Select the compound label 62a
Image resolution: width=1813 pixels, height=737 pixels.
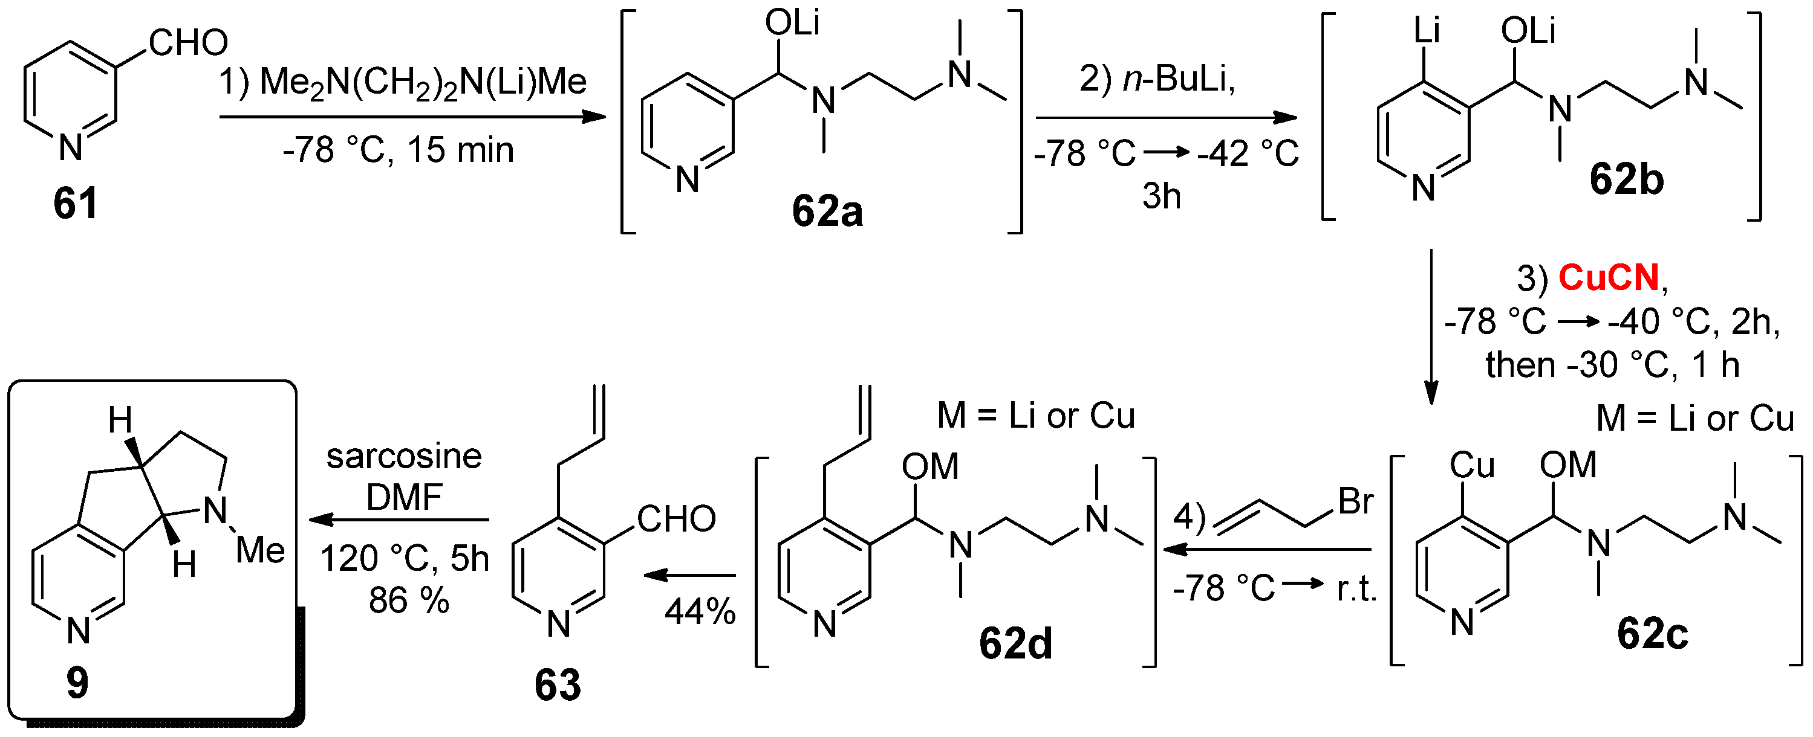coord(827,211)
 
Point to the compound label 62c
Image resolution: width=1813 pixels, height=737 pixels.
coord(1652,634)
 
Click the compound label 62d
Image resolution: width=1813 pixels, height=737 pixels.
coord(1015,643)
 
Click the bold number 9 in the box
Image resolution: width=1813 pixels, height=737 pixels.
coord(77,683)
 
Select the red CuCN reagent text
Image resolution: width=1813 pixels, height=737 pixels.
coord(1609,278)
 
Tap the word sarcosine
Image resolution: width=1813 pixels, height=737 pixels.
coord(404,457)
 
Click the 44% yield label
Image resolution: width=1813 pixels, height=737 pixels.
coord(700,612)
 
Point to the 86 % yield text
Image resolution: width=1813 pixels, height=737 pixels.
coord(409,600)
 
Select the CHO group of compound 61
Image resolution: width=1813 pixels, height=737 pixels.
coord(188,43)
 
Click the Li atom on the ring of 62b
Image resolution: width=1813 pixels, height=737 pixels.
coord(1427,31)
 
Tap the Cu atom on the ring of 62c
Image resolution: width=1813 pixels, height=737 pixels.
coord(1472,466)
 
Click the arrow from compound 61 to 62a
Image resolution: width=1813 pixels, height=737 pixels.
coord(412,117)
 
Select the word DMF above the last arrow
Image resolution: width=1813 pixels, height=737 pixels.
coord(404,498)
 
